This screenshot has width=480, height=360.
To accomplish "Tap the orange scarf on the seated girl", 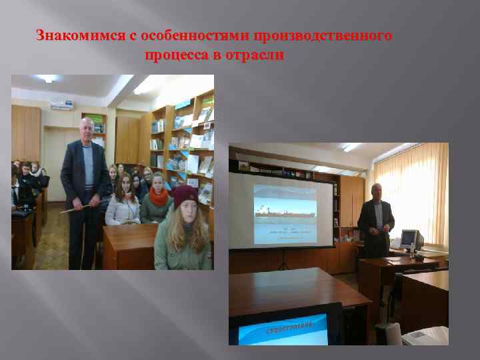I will point(159,197).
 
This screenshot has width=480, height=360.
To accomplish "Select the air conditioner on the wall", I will point(61,104).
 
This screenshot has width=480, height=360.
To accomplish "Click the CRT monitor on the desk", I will point(408,239).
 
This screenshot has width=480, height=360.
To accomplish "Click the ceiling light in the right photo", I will point(351,147).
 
